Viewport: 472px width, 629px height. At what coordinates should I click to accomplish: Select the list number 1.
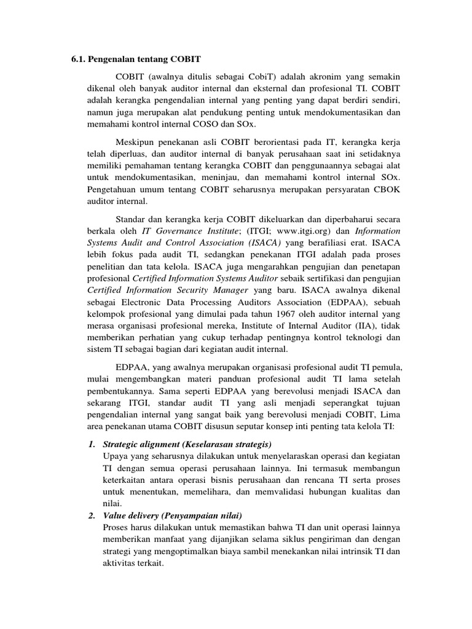92,444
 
